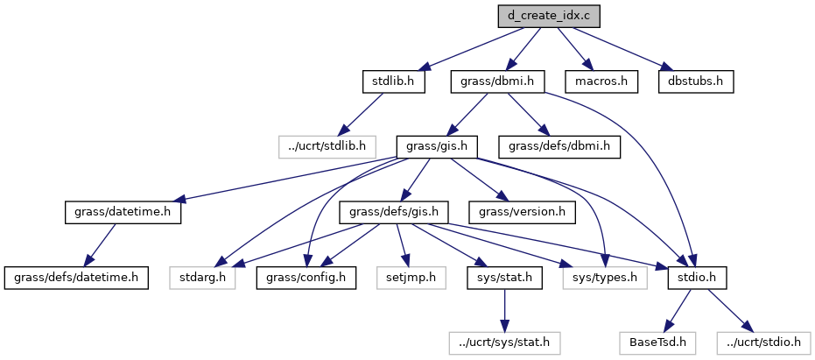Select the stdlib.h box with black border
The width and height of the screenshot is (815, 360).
point(393,81)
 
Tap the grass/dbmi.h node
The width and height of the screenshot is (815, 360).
point(498,81)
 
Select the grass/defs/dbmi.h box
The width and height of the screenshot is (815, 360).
point(559,146)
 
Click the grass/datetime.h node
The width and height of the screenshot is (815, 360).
point(123,212)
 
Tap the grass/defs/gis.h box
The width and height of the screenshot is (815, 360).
point(399,212)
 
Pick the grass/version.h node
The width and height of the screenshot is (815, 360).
point(523,212)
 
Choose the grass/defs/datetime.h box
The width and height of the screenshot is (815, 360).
point(75,278)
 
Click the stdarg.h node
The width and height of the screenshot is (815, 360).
point(202,278)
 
